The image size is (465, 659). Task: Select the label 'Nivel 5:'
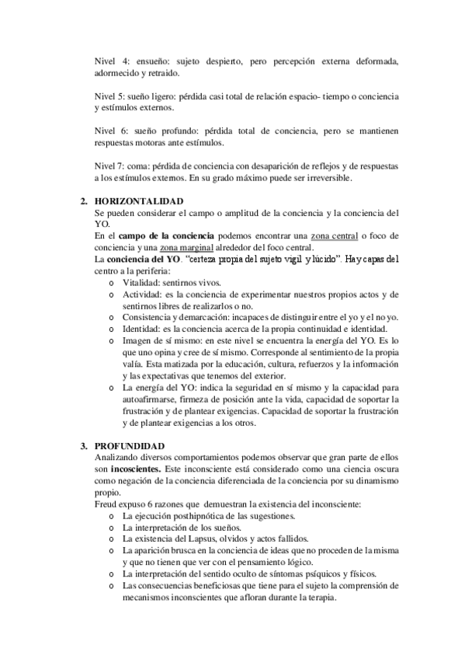click(109, 96)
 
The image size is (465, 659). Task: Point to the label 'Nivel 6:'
click(109, 131)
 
